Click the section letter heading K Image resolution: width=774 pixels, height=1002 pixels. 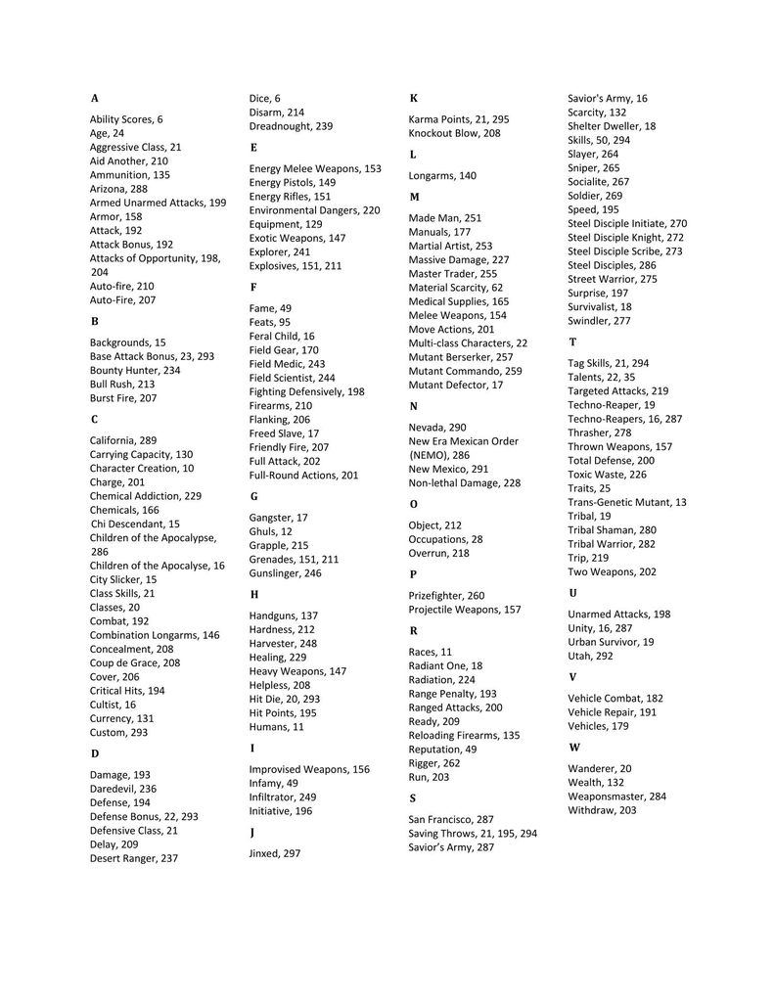[413, 98]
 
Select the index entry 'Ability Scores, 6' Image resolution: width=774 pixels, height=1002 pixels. [126, 119]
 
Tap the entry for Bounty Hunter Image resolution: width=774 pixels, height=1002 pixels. [135, 371]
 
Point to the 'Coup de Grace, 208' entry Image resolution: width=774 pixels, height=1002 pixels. [135, 662]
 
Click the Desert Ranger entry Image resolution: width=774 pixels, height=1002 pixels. [134, 858]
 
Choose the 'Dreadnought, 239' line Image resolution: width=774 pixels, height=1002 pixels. [291, 126]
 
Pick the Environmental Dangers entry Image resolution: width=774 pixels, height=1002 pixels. [314, 210]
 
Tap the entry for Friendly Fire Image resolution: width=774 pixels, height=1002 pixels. [289, 447]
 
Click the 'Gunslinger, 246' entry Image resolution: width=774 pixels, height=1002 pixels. [285, 573]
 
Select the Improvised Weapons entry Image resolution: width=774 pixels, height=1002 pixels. [309, 769]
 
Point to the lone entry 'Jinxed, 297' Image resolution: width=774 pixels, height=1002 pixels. [275, 853]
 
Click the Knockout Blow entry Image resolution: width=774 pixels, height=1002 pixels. [454, 133]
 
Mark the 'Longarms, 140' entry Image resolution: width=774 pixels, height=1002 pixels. [442, 175]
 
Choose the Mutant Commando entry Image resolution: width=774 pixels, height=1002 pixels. [465, 371]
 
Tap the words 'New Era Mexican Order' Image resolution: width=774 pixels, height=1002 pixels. [463, 441]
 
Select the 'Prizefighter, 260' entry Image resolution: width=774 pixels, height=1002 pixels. [446, 595]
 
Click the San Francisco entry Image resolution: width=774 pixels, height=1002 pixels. [451, 819]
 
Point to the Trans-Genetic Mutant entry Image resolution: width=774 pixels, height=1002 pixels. [627, 502]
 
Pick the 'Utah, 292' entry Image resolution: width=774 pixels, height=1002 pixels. [590, 656]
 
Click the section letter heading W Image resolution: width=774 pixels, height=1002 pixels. [574, 748]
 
